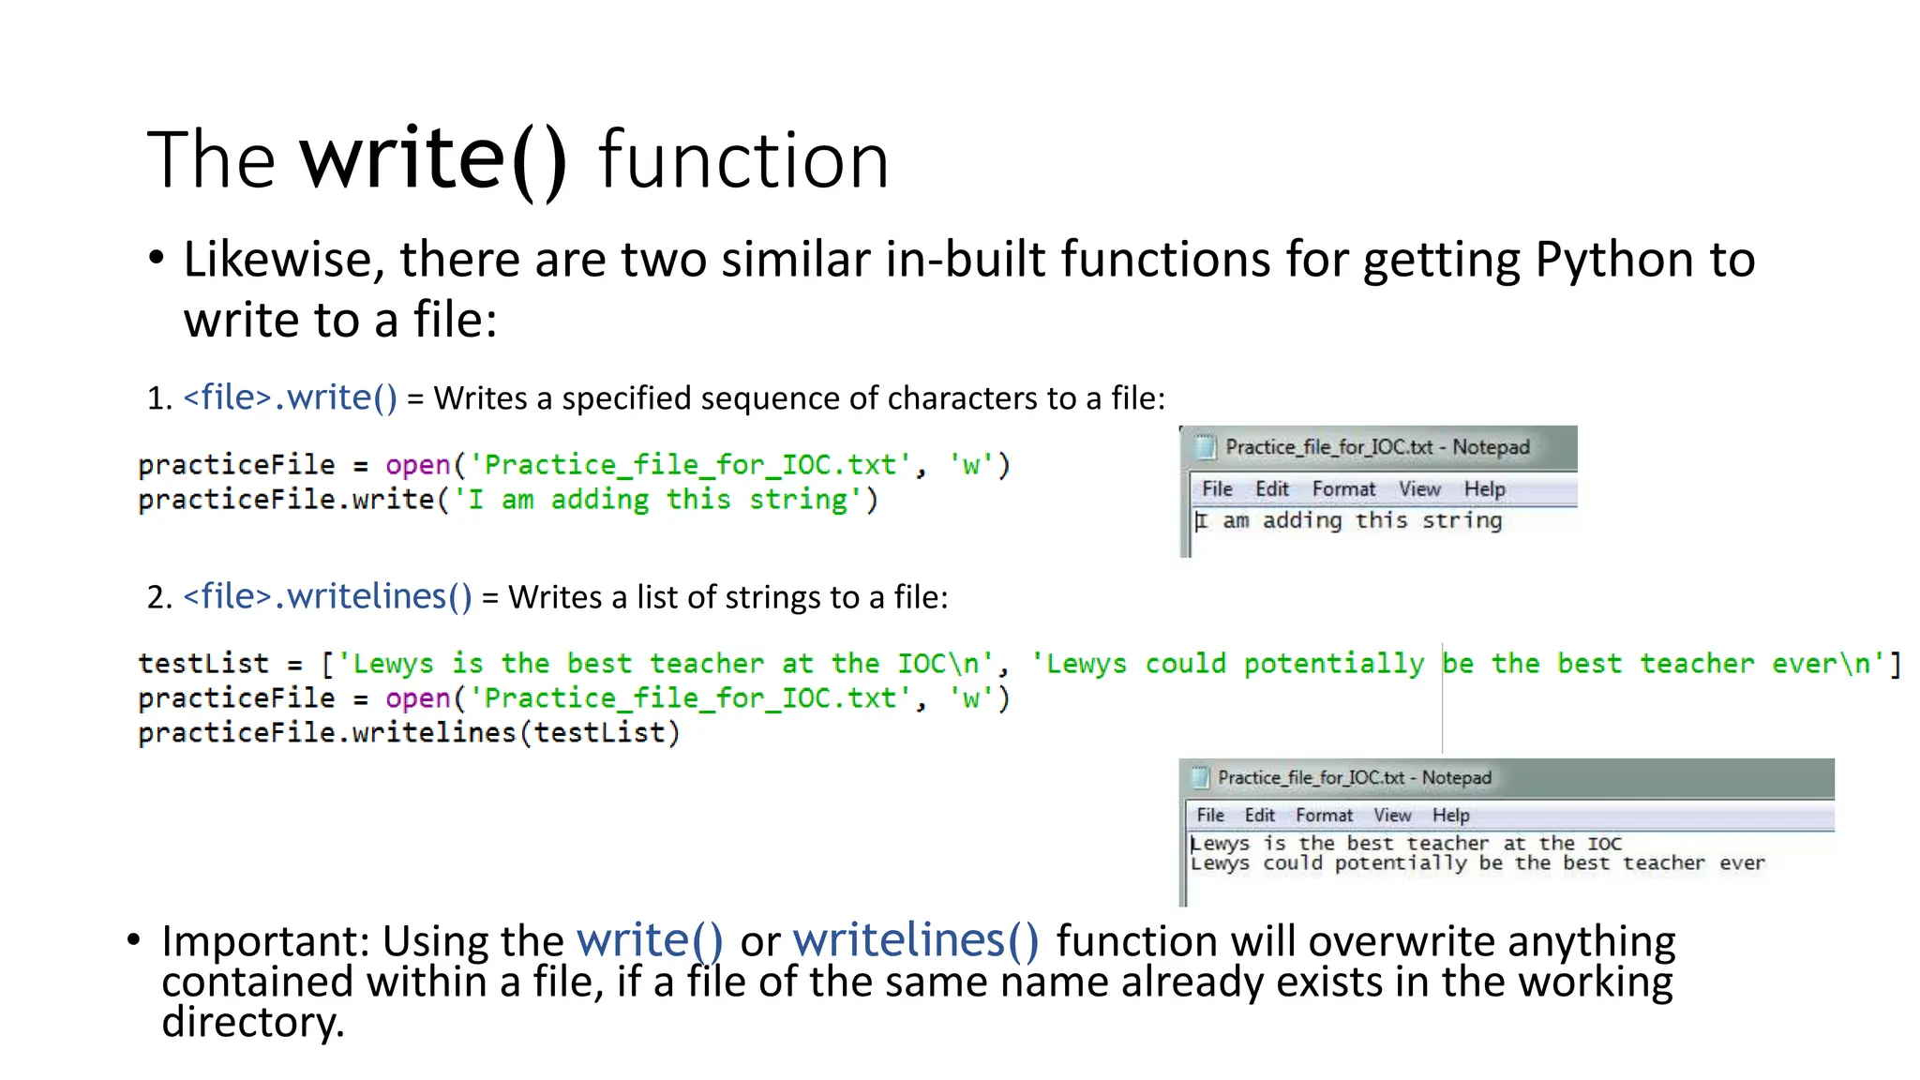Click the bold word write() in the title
pyautogui.click(x=433, y=159)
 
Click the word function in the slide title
pyautogui.click(x=742, y=161)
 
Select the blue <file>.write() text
pyautogui.click(x=291, y=397)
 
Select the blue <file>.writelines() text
pyautogui.click(x=327, y=596)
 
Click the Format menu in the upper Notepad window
pyautogui.click(x=1343, y=489)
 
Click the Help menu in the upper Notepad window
pyautogui.click(x=1484, y=489)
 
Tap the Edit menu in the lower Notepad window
pyautogui.click(x=1259, y=816)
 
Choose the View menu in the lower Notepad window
pyautogui.click(x=1392, y=816)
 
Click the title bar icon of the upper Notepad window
pyautogui.click(x=1205, y=447)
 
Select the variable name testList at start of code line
pyautogui.click(x=202, y=664)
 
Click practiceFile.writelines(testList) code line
pyautogui.click(x=409, y=733)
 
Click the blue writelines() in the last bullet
pyautogui.click(x=916, y=941)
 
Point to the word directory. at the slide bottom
pyautogui.click(x=253, y=1022)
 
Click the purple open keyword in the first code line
pyautogui.click(x=418, y=465)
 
